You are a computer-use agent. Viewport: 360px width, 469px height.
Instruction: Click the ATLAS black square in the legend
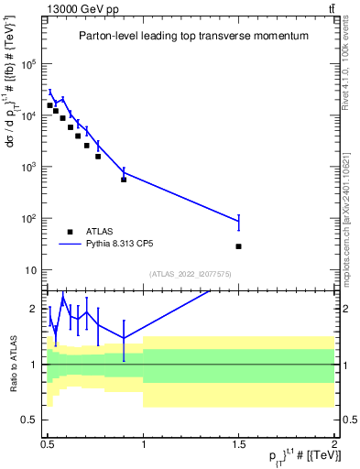70,232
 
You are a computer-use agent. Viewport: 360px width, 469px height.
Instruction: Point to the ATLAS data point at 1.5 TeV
238,246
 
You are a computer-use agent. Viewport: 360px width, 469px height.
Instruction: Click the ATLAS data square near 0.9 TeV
124,179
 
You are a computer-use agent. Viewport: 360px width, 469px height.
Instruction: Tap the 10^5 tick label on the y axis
30,64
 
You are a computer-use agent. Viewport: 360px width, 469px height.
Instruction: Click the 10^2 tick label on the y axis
30,219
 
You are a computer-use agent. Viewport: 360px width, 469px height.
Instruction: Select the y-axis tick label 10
32,270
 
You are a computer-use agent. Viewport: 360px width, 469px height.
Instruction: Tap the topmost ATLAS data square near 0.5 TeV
49,105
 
